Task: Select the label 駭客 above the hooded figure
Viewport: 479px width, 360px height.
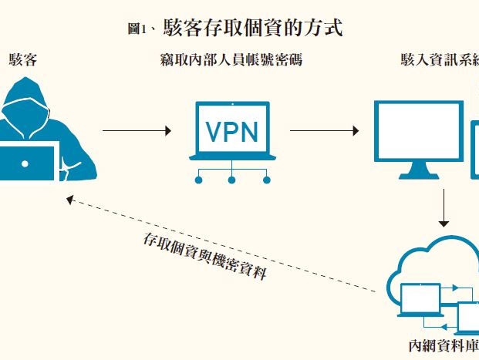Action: tap(22, 59)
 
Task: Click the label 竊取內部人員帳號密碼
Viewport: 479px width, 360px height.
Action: tap(231, 59)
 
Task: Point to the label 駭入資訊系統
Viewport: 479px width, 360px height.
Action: tap(439, 59)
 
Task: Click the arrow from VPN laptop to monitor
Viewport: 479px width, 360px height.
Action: tap(323, 131)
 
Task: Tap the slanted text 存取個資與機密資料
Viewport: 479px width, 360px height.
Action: tap(205, 254)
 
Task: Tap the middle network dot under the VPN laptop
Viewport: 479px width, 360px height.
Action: tap(231, 180)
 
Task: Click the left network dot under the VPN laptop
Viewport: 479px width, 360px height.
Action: tap(197, 180)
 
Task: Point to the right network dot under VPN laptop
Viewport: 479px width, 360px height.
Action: tap(266, 180)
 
